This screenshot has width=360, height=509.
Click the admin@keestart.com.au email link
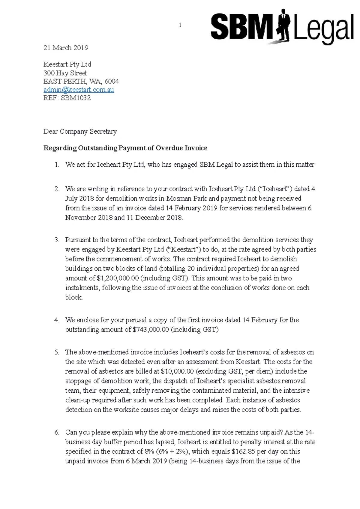coord(79,90)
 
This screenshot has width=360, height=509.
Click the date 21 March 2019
coord(66,48)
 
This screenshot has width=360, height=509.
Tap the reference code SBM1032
coord(76,98)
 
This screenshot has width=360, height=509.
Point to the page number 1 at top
coord(180,25)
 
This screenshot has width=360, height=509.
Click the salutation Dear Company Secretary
coord(80,132)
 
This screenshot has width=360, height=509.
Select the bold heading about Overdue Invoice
coord(125,148)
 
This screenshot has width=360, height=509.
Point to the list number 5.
coord(57,352)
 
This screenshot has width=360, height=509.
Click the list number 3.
coord(57,240)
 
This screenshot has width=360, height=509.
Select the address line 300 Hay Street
coord(65,73)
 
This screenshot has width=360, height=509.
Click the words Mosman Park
coord(184,198)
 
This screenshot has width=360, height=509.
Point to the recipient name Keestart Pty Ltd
coord(67,64)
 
